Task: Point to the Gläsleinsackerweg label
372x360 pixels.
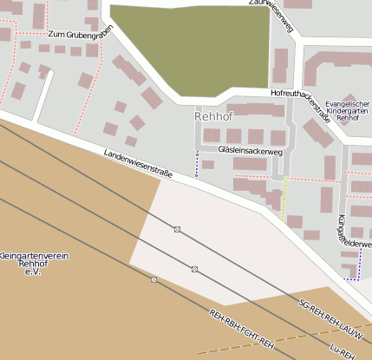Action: click(x=251, y=151)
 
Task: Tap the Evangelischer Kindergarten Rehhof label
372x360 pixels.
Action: click(x=347, y=110)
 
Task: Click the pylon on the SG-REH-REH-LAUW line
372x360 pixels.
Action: click(x=177, y=229)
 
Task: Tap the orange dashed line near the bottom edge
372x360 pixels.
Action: click(x=286, y=337)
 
